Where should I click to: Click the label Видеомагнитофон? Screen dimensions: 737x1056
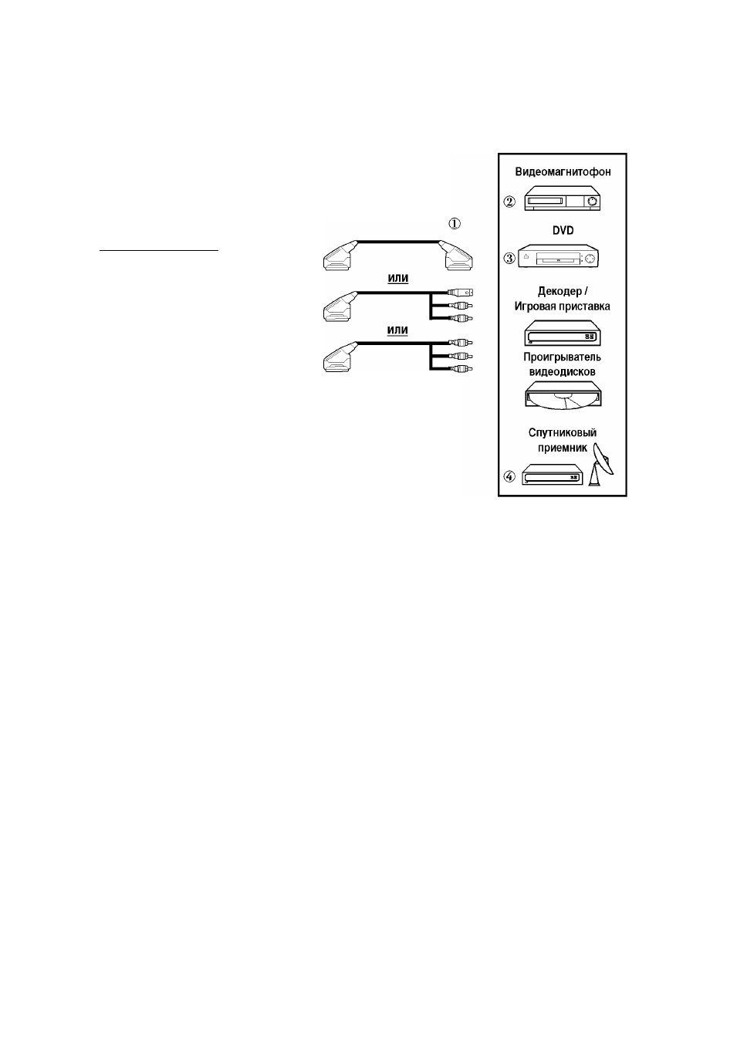point(563,171)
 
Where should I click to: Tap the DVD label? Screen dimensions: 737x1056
point(563,231)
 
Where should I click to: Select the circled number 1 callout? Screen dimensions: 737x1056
point(455,223)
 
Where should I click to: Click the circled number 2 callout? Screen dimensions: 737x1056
point(509,201)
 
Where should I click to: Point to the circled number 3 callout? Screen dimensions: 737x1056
point(509,259)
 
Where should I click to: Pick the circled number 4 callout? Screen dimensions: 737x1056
point(509,476)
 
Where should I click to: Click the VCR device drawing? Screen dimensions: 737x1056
point(563,198)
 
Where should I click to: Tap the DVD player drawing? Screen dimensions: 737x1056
point(558,256)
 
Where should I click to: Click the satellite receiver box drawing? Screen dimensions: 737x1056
point(553,474)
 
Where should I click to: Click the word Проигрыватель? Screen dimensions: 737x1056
point(562,357)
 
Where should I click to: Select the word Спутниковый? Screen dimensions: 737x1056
point(562,432)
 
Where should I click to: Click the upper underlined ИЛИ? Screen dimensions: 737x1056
point(397,279)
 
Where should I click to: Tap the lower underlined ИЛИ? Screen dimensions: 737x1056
point(397,330)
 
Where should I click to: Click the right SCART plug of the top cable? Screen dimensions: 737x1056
point(456,256)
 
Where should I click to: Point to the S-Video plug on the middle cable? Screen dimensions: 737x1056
point(461,293)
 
